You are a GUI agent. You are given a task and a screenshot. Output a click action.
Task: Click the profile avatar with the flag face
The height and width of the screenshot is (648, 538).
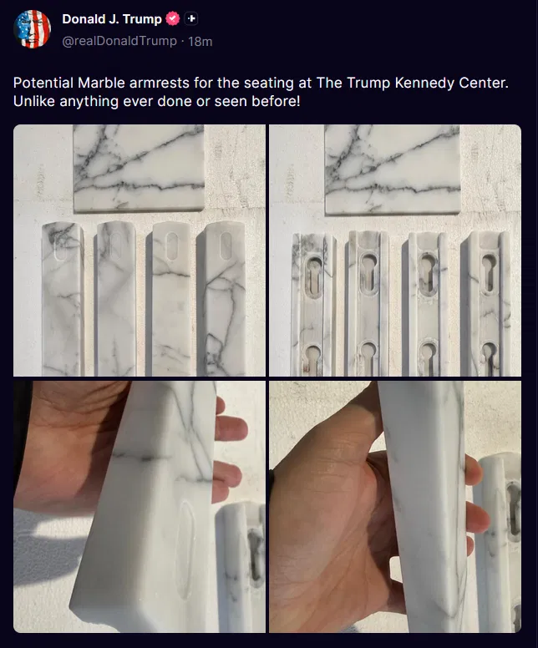[32, 29]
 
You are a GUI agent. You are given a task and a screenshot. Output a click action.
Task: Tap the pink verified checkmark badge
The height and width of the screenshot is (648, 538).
[172, 18]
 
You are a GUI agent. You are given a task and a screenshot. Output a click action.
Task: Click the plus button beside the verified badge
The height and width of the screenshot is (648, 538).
[190, 18]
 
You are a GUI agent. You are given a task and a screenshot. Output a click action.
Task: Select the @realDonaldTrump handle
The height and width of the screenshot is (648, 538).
[119, 41]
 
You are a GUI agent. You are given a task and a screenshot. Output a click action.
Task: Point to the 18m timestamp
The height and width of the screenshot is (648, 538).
[200, 41]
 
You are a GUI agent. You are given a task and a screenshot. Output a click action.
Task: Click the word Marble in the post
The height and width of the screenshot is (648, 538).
[101, 83]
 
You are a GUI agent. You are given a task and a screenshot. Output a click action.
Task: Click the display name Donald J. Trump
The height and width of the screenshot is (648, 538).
[112, 19]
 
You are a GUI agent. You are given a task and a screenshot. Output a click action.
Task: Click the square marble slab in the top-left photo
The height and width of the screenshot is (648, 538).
[139, 168]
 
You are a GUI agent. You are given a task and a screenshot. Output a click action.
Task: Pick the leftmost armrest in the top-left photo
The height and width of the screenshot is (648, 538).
[63, 298]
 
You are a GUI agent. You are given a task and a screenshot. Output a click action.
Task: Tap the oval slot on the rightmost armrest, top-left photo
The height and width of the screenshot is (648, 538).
[226, 246]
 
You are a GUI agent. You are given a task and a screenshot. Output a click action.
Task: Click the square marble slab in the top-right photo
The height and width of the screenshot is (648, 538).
[392, 170]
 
